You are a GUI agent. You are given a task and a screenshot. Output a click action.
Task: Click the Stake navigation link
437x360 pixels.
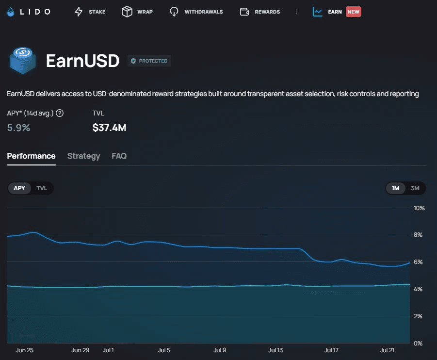90,12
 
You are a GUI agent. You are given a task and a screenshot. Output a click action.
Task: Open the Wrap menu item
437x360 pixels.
137,12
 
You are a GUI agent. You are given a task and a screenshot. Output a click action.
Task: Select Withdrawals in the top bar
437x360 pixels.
196,12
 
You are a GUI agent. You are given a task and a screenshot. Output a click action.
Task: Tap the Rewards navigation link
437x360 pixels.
260,12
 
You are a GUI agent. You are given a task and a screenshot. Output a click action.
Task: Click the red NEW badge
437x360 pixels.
354,12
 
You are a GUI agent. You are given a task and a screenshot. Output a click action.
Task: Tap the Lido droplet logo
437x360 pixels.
11,12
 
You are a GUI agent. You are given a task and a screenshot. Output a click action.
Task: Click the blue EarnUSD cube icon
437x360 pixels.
23,60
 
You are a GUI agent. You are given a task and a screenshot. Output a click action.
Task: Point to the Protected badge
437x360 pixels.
149,61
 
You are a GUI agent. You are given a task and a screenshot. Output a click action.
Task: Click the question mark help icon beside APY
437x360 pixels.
60,113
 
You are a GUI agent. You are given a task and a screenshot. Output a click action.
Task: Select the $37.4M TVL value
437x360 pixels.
109,128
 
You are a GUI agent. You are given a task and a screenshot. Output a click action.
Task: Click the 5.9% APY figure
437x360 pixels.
18,128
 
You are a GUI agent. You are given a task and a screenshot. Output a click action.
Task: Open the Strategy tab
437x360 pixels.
83,156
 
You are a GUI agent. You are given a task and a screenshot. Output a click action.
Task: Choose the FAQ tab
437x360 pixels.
119,156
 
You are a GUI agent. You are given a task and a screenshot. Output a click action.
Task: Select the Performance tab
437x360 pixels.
31,156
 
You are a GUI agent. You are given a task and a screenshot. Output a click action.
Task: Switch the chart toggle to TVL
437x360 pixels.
42,188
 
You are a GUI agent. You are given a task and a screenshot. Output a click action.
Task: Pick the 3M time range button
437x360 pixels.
415,188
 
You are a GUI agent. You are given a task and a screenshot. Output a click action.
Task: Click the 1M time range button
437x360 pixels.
395,188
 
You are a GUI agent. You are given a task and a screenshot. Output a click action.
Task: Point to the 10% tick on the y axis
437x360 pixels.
419,208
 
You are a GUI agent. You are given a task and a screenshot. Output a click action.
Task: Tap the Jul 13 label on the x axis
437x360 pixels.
275,350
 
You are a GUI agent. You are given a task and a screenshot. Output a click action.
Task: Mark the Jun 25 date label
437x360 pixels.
25,350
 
